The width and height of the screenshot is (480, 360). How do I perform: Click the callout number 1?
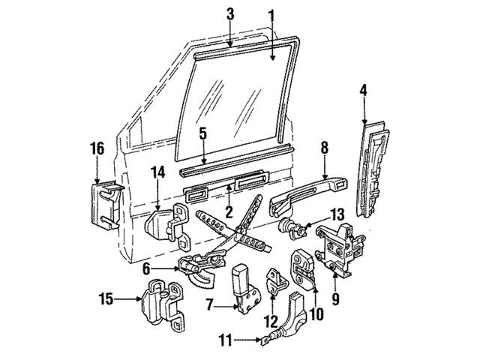[x=271, y=13]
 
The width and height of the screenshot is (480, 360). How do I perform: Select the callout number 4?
[x=363, y=92]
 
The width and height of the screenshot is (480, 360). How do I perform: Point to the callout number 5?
[x=202, y=133]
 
